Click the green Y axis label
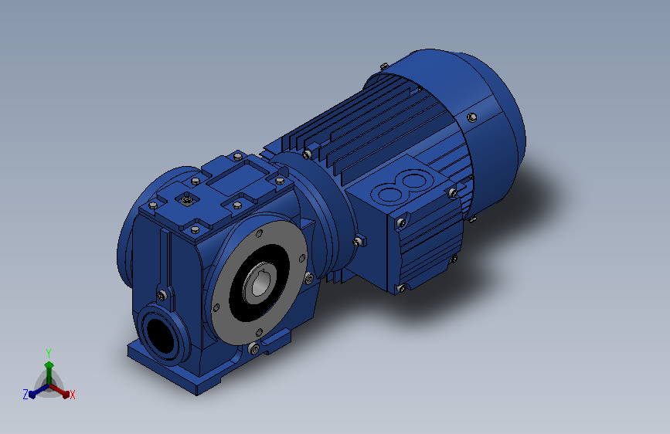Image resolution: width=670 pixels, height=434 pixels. coord(49,354)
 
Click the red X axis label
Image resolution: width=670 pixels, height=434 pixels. coord(72,395)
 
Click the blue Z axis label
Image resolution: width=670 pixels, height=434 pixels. coord(26,395)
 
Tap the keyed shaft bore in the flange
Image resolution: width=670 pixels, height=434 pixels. coord(259,283)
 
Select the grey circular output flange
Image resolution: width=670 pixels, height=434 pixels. coord(260,283)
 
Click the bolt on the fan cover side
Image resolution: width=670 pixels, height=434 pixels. coord(471,117)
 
